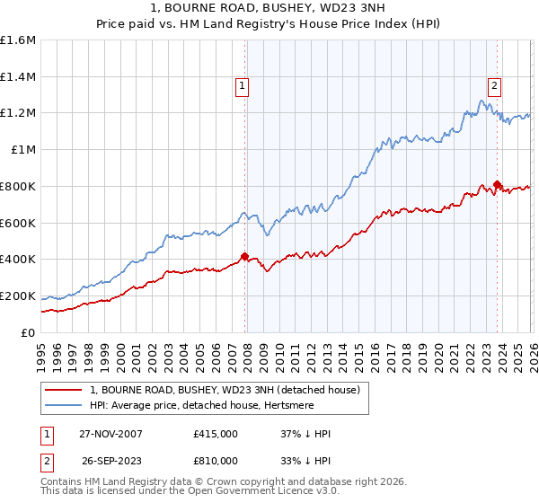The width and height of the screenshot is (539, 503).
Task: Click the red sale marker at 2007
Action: click(244, 256)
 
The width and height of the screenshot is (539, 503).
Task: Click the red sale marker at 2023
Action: click(498, 183)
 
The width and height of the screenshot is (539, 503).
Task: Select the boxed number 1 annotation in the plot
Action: click(243, 86)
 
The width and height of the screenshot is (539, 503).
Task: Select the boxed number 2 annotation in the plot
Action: click(495, 86)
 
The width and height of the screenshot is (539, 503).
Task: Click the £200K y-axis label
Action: click(18, 296)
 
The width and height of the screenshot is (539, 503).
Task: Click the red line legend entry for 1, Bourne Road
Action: click(225, 390)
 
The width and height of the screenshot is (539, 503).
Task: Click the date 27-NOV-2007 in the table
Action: click(110, 434)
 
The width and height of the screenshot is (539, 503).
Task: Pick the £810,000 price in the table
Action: click(215, 460)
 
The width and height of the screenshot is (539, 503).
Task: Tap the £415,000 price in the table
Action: click(215, 434)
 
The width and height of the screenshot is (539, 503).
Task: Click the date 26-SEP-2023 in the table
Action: click(110, 460)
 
